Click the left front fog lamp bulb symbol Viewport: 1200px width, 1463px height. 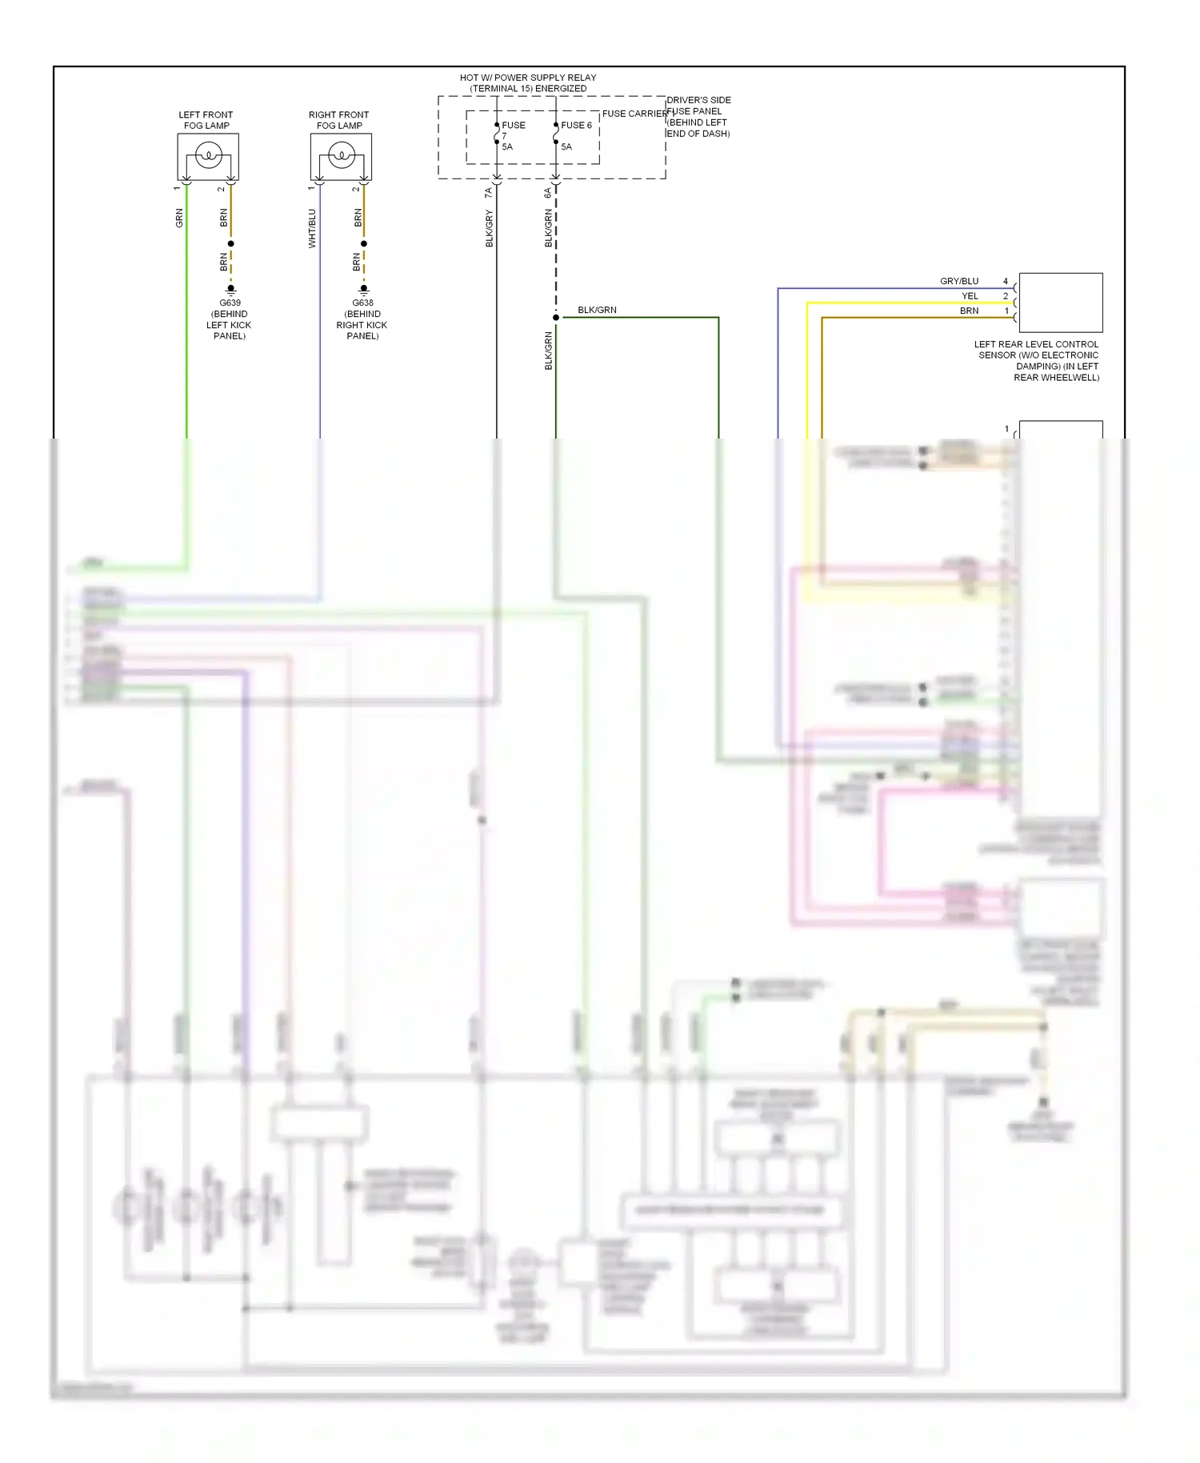pyautogui.click(x=208, y=154)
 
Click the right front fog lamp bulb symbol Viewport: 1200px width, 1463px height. pyautogui.click(x=341, y=154)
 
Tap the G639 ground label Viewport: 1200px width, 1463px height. pyautogui.click(x=230, y=303)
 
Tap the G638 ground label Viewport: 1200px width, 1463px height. pyautogui.click(x=363, y=303)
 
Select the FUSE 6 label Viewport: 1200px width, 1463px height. pyautogui.click(x=576, y=126)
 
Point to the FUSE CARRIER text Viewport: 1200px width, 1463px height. pyautogui.click(x=634, y=114)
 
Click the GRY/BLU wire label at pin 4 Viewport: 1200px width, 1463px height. pyautogui.click(x=958, y=282)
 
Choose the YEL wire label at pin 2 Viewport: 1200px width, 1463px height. pyautogui.click(x=970, y=296)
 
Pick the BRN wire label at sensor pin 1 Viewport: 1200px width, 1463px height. pyautogui.click(x=969, y=311)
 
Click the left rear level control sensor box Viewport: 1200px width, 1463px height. pyautogui.click(x=1060, y=303)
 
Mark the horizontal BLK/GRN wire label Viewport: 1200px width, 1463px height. pyautogui.click(x=597, y=311)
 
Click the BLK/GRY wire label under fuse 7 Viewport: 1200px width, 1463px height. pyautogui.click(x=490, y=228)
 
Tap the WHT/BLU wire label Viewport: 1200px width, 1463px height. pyautogui.click(x=312, y=228)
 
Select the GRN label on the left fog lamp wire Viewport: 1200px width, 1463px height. pyautogui.click(x=179, y=218)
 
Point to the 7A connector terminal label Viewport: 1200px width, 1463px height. pyautogui.click(x=488, y=193)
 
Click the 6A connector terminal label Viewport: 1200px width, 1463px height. pyautogui.click(x=548, y=193)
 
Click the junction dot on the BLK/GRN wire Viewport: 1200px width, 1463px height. pyautogui.click(x=556, y=318)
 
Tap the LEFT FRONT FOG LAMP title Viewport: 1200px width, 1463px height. pyautogui.click(x=206, y=120)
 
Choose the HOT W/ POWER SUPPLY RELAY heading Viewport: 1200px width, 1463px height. pyautogui.click(x=528, y=78)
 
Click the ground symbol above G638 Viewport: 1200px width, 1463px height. pyautogui.click(x=364, y=289)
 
